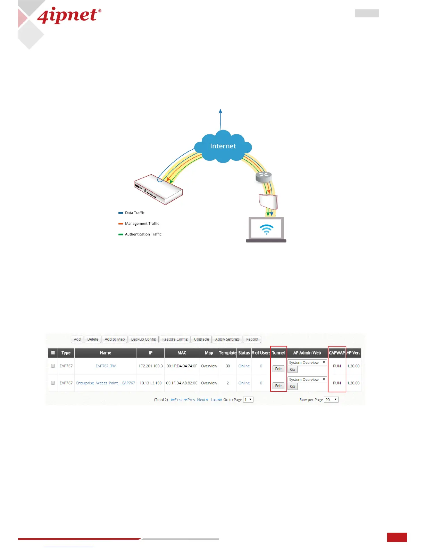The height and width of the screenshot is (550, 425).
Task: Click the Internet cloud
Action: [x=223, y=146]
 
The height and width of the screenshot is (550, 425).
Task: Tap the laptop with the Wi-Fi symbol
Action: [x=266, y=230]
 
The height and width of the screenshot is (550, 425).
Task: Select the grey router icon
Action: [x=264, y=176]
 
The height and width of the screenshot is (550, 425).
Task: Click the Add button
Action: [x=77, y=339]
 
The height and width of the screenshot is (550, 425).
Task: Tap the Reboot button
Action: [x=252, y=339]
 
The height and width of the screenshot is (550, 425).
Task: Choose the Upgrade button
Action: [x=201, y=339]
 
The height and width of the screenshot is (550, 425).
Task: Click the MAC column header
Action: [x=182, y=353]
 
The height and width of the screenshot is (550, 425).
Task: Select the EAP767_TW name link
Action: [x=106, y=366]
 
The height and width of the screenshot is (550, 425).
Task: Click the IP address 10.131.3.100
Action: [x=150, y=383]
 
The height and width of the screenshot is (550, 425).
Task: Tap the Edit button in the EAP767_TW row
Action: [x=278, y=369]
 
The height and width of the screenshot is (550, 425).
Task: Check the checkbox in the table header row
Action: [x=53, y=353]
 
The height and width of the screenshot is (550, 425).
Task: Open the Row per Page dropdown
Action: [x=331, y=400]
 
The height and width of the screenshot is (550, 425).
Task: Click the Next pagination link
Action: [x=202, y=400]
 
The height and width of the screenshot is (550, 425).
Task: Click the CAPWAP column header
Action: [x=336, y=353]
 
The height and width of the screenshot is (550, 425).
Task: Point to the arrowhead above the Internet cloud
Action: [x=220, y=111]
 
